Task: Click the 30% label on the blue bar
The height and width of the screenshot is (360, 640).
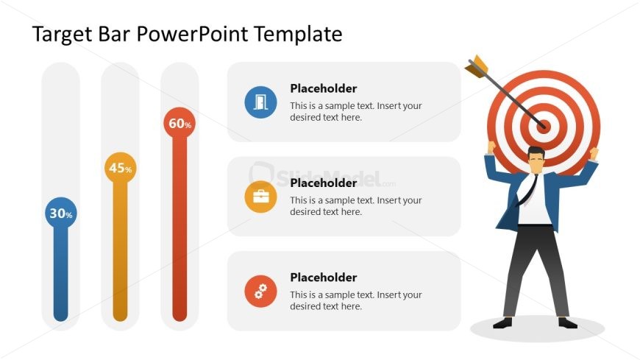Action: point(60,214)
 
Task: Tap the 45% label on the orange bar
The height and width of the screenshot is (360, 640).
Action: point(120,169)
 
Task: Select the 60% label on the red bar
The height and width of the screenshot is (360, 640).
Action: point(179,124)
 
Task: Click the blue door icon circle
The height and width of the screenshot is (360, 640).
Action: point(260,102)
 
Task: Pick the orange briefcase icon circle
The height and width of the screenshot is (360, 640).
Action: point(260,197)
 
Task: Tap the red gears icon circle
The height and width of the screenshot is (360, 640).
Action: point(260,292)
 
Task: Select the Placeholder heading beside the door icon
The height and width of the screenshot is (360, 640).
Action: point(323,88)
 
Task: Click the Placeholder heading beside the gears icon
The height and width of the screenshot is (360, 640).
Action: point(323,278)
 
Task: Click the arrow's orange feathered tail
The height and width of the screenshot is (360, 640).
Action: point(476,66)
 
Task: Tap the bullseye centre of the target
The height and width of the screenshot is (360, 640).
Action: point(544,125)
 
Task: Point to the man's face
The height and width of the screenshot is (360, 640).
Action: point(536,160)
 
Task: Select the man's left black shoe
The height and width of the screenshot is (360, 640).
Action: point(502,322)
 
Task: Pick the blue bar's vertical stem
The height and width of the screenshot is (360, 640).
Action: point(60,272)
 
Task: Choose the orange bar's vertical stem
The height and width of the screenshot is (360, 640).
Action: point(120,250)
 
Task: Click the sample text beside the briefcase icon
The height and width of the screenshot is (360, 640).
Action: point(355,206)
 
